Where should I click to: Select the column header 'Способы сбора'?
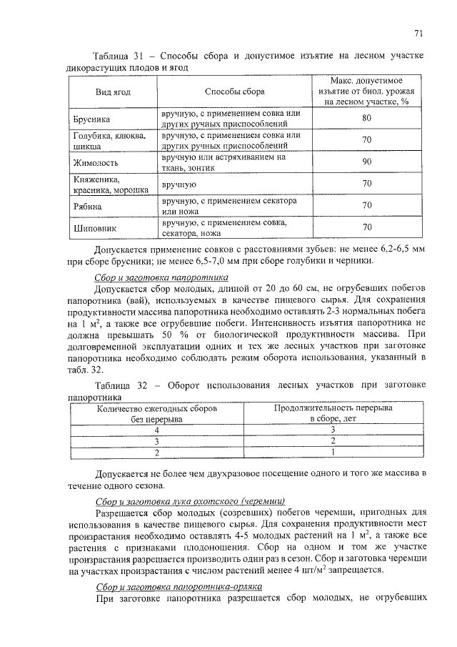pyautogui.click(x=234, y=92)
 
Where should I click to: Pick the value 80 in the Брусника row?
pyautogui.click(x=367, y=118)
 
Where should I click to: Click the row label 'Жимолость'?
pyautogui.click(x=97, y=162)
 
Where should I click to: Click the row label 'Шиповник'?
pyautogui.click(x=95, y=228)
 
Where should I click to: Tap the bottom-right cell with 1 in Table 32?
pyautogui.click(x=333, y=453)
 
